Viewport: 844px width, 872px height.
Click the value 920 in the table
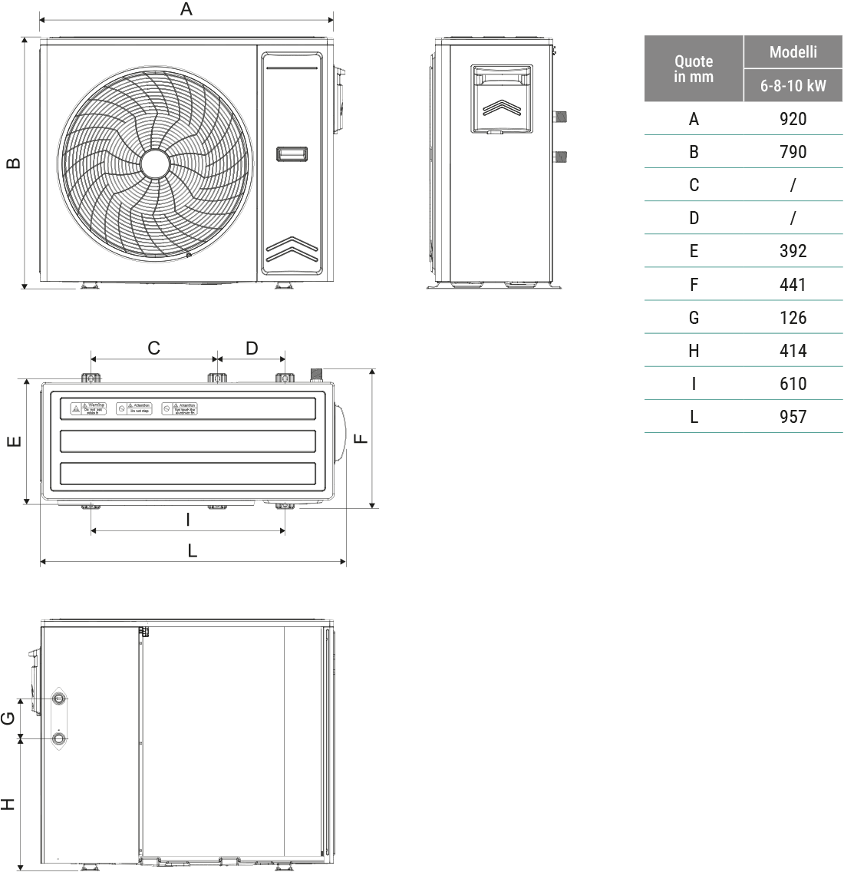pyautogui.click(x=793, y=119)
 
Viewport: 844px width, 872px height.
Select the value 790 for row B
pyautogui.click(x=793, y=152)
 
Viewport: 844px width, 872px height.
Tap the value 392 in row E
pyautogui.click(x=793, y=251)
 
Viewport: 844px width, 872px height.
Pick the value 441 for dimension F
pyautogui.click(x=793, y=285)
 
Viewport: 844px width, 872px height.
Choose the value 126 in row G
pyautogui.click(x=793, y=318)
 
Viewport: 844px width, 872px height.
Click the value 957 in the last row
pyautogui.click(x=793, y=417)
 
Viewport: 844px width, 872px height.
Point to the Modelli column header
pyautogui.click(x=793, y=52)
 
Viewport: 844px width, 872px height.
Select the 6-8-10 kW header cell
pyautogui.click(x=793, y=86)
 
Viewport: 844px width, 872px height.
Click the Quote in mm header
pyautogui.click(x=694, y=69)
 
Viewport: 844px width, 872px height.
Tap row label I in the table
pyautogui.click(x=694, y=384)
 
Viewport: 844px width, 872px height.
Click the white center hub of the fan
pyautogui.click(x=154, y=163)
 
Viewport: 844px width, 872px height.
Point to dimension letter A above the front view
pyautogui.click(x=186, y=9)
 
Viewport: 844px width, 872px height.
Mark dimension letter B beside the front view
pyautogui.click(x=13, y=163)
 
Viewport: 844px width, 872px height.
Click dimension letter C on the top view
pyautogui.click(x=153, y=348)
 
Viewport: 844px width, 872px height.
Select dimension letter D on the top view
pyautogui.click(x=252, y=348)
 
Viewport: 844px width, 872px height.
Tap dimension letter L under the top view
pyautogui.click(x=193, y=550)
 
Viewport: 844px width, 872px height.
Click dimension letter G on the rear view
pyautogui.click(x=8, y=718)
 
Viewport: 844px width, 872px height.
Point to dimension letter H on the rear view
pyautogui.click(x=8, y=804)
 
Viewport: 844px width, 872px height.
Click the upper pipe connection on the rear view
pyautogui.click(x=59, y=699)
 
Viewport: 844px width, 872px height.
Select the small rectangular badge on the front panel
pyautogui.click(x=292, y=154)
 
